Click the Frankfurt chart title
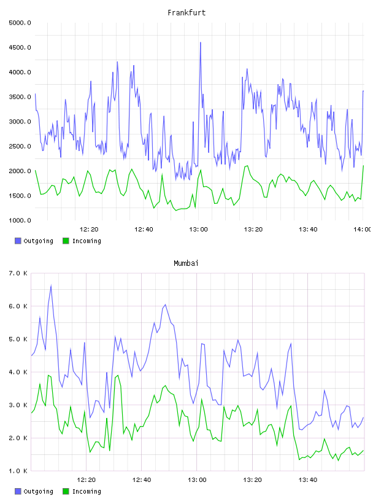click(186, 13)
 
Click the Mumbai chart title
click(186, 263)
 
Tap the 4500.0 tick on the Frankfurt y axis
click(20, 48)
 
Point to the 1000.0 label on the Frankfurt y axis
click(20, 220)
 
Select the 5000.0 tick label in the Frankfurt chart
click(20, 23)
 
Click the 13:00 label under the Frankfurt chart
click(198, 230)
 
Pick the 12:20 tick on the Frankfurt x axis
click(89, 230)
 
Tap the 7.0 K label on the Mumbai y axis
click(18, 273)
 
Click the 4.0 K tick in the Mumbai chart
click(18, 372)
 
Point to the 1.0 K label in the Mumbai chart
click(18, 471)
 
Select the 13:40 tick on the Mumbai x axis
click(308, 480)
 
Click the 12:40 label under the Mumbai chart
click(142, 480)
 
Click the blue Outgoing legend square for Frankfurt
click(18, 241)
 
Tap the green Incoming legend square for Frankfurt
click(66, 241)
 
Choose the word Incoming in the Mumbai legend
click(87, 491)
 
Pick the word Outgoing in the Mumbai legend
click(38, 491)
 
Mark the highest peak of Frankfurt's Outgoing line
click(200, 42)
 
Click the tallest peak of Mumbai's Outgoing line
click(51, 285)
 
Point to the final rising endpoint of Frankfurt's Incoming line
click(363, 166)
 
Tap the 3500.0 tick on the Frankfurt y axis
click(20, 97)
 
